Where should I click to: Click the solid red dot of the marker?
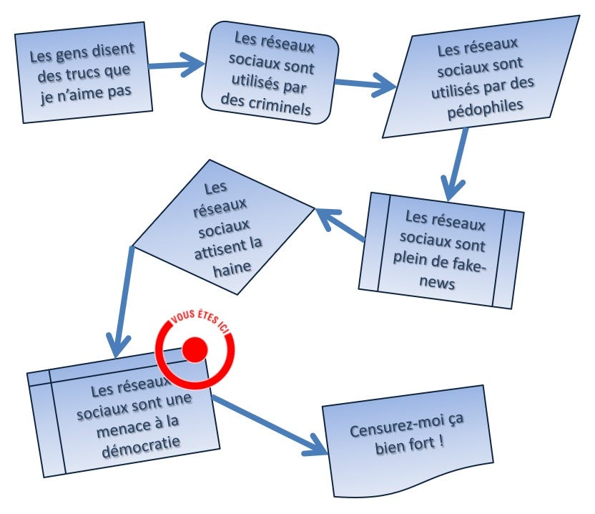[x=195, y=349]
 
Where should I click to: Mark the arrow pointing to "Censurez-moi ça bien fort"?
[x=268, y=425]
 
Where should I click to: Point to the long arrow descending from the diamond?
[x=120, y=301]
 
